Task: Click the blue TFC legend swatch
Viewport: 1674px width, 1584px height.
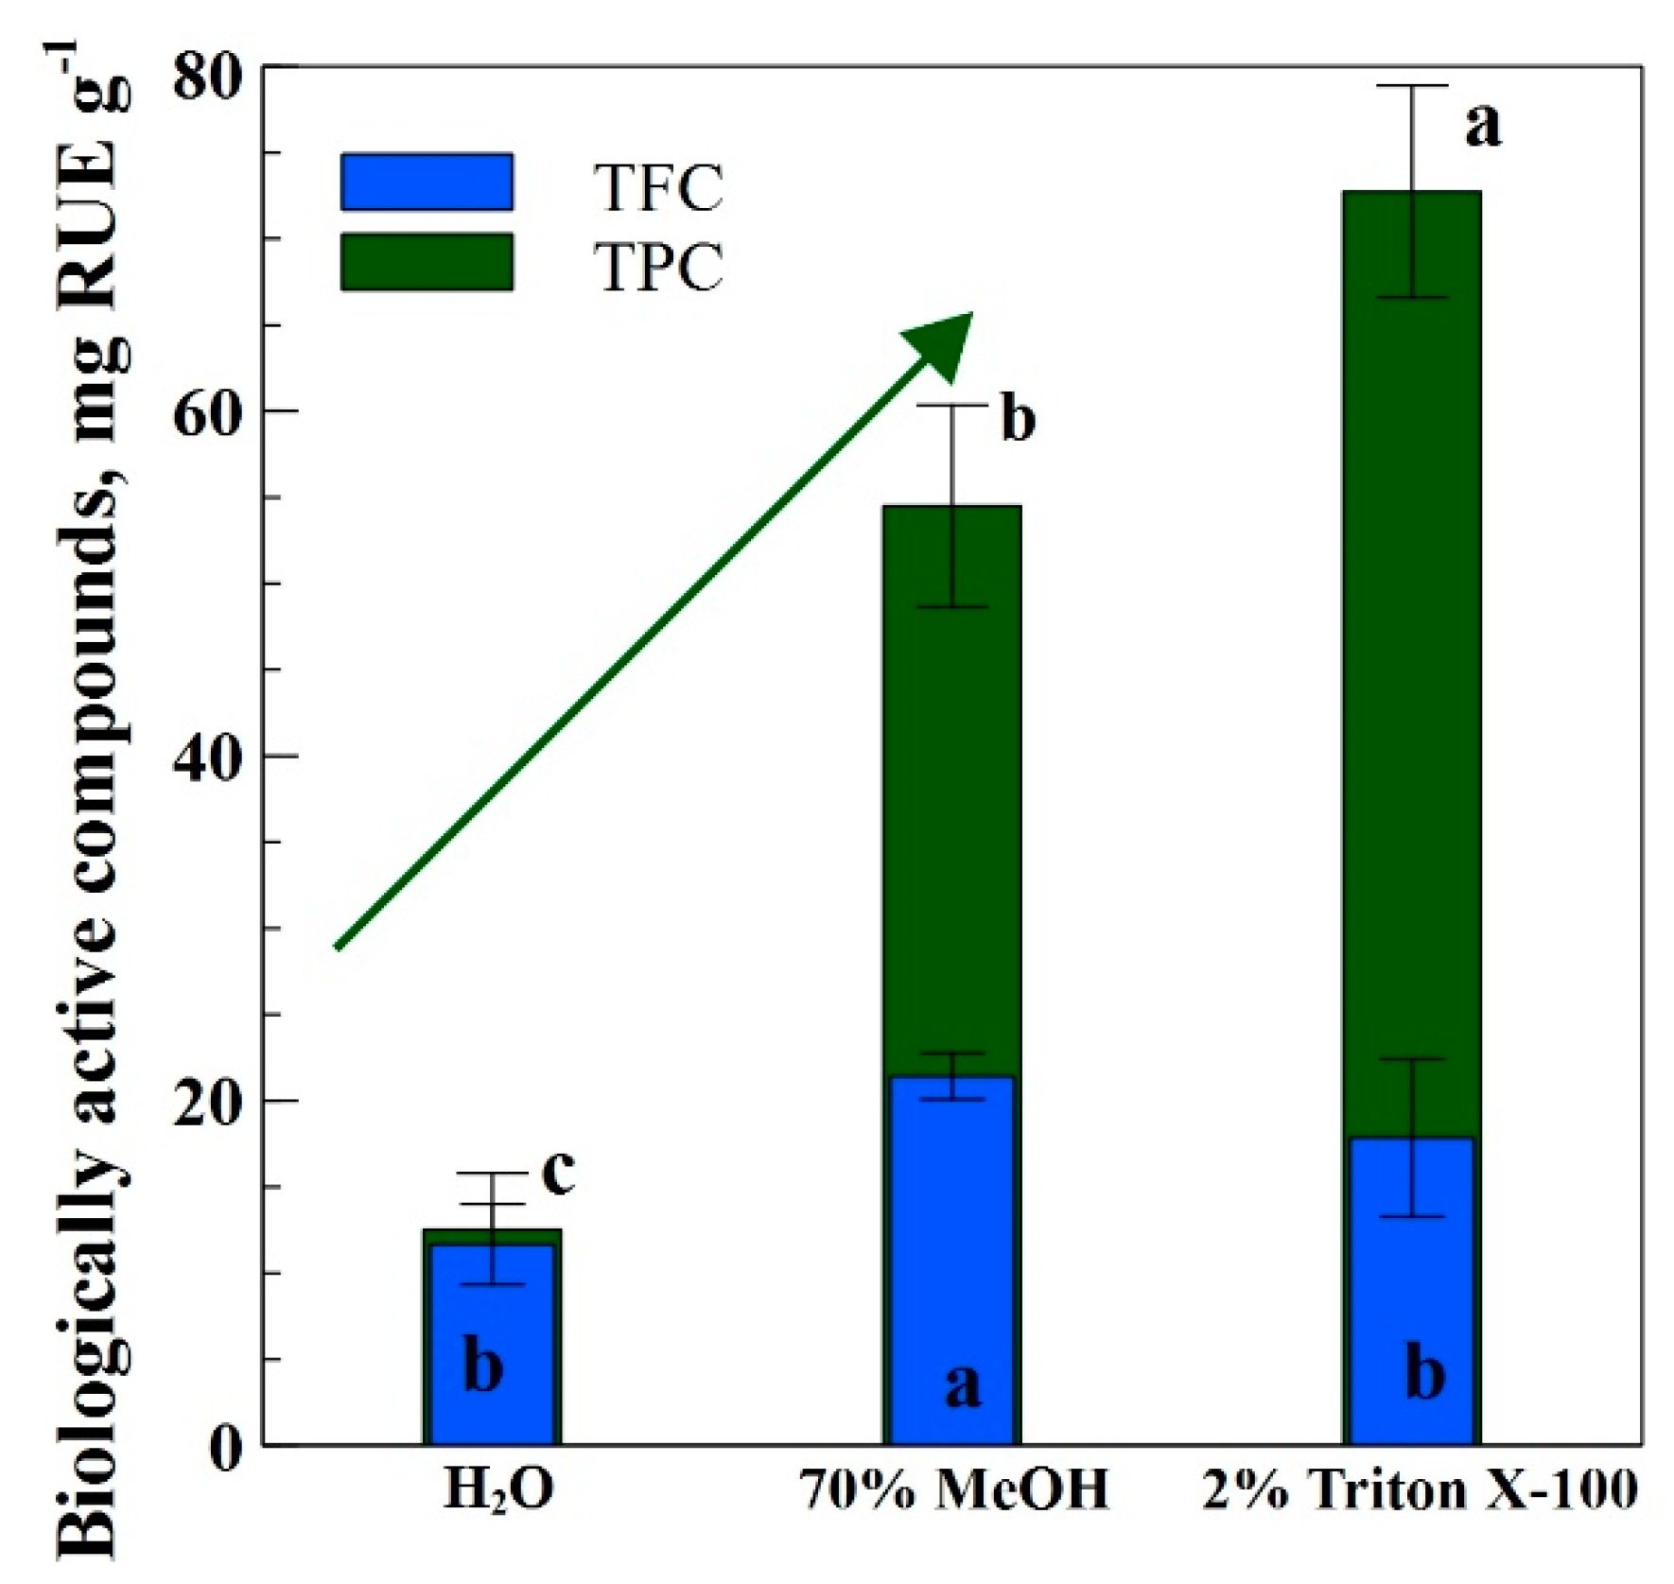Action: (427, 182)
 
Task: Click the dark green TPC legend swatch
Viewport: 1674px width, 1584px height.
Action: (427, 262)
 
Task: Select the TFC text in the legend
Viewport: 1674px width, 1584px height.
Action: (658, 188)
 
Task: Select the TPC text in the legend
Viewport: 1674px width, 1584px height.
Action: (658, 268)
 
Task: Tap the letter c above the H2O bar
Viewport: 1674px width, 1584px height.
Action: (558, 1173)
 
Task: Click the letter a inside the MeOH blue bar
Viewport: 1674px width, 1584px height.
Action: (963, 1387)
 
